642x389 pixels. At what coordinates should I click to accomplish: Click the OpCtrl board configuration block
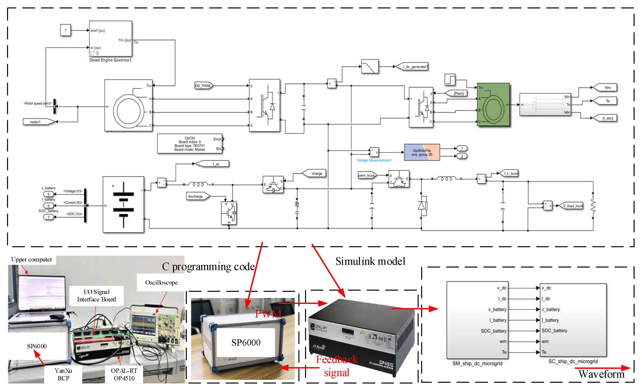click(190, 144)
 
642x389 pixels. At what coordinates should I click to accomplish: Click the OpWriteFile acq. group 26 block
click(422, 153)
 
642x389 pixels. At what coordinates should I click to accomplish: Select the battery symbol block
click(123, 204)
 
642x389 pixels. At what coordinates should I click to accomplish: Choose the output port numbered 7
click(48, 217)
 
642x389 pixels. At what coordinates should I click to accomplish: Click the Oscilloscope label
click(161, 283)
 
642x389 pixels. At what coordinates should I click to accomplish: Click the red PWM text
click(268, 314)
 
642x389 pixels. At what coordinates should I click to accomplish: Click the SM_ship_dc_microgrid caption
click(477, 363)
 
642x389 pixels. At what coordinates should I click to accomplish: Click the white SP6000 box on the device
click(246, 342)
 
